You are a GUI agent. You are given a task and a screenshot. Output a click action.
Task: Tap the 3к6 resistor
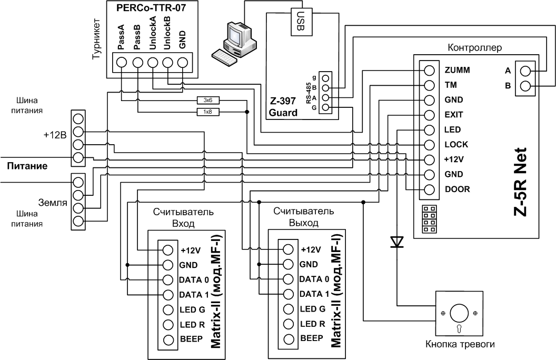click(205, 99)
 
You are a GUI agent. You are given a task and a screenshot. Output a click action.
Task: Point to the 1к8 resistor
click(205, 112)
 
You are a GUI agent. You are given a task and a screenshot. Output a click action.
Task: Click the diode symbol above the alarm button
click(396, 242)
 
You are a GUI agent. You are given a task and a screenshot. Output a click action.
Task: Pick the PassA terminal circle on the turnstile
click(122, 62)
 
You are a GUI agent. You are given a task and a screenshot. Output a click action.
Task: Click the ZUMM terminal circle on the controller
click(429, 70)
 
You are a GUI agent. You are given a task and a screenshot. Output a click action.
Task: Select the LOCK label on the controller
click(456, 144)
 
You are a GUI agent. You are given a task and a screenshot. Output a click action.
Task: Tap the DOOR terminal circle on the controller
click(429, 189)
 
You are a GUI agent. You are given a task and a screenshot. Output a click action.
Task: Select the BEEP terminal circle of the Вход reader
click(168, 339)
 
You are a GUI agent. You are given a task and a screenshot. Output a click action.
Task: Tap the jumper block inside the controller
click(429, 219)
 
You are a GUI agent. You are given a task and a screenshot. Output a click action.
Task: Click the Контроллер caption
click(474, 47)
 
